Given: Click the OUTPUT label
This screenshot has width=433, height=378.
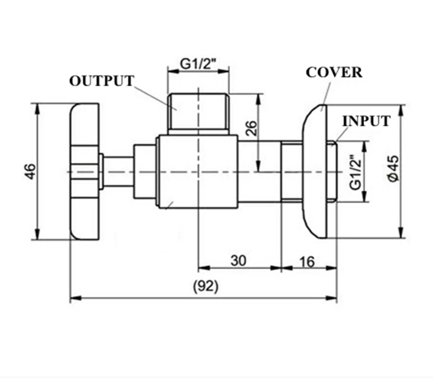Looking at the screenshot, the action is pos(101,81).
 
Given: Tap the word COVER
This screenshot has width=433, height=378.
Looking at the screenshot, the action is pos(334,72).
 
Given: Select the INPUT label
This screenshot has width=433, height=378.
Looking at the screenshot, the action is pos(366,121).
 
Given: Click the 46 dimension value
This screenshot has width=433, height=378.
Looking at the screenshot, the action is pos(30,171).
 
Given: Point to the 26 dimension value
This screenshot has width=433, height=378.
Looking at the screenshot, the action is pos(251,128).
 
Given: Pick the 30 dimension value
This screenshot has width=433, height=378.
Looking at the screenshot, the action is pos(238,261).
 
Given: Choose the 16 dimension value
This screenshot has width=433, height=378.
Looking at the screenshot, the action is pos(306,262).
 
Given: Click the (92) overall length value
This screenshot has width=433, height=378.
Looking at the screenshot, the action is pos(206,286).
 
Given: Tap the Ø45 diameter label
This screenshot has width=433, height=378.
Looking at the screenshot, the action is pos(393,169).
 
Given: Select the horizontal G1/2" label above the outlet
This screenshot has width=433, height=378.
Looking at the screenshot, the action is pos(198,64).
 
